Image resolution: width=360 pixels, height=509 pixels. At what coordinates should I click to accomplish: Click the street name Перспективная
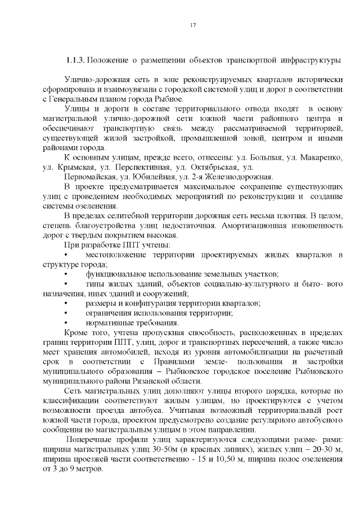[x=140, y=167]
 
